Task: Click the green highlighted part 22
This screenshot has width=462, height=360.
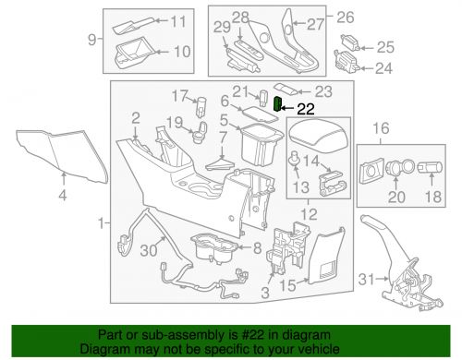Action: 277,104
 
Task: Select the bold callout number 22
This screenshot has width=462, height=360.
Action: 306,109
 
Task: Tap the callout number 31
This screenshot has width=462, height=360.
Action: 367,280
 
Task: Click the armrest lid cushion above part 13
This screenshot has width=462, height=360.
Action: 319,138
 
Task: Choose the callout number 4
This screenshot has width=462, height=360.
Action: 63,195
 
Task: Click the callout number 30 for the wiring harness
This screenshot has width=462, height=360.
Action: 149,250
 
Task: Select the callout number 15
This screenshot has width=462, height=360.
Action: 288,285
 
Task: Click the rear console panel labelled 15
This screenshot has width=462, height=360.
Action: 325,256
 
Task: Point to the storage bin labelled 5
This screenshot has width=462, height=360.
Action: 261,144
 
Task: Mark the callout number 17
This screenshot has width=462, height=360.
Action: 180,96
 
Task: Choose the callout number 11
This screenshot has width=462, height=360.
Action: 178,21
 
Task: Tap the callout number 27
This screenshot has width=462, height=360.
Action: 315,24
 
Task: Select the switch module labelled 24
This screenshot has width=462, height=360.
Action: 347,62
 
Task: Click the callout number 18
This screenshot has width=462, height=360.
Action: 433,197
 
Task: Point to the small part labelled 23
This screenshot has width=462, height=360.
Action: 286,89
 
